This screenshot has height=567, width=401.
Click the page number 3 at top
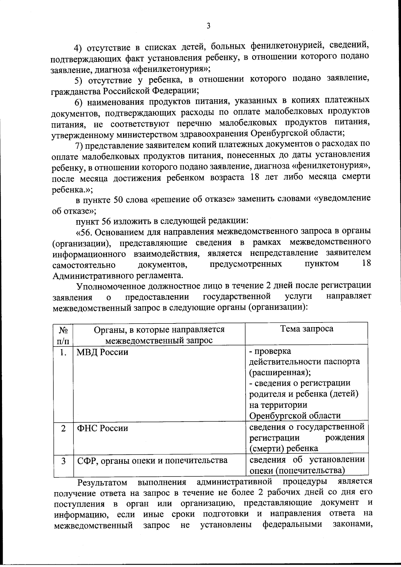click(x=208, y=26)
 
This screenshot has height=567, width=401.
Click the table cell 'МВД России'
click(x=103, y=352)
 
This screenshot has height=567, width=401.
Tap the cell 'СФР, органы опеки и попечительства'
click(x=152, y=460)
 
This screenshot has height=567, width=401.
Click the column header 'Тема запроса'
click(x=306, y=329)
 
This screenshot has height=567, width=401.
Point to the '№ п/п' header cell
click(x=63, y=335)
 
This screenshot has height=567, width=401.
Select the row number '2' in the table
click(x=63, y=428)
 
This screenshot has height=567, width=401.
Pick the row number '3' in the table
click(x=63, y=461)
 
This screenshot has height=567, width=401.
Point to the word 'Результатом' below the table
click(x=102, y=482)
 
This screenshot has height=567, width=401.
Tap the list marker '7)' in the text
click(x=79, y=145)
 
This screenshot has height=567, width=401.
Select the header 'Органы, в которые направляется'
click(x=159, y=329)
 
